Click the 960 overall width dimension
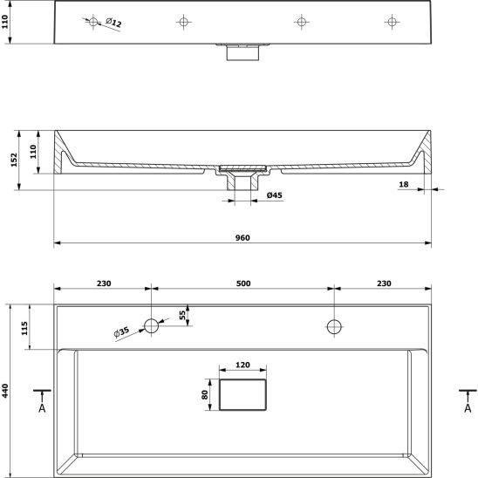coord(242,238)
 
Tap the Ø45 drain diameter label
coord(275,195)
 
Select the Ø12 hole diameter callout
coord(113,23)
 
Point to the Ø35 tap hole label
coord(121,332)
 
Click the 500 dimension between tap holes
coord(243,283)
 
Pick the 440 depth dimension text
coord(5,391)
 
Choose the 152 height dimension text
coord(14,160)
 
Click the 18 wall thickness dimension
coord(403,184)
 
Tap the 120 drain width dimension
coord(242,365)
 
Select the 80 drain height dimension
coord(205,395)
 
